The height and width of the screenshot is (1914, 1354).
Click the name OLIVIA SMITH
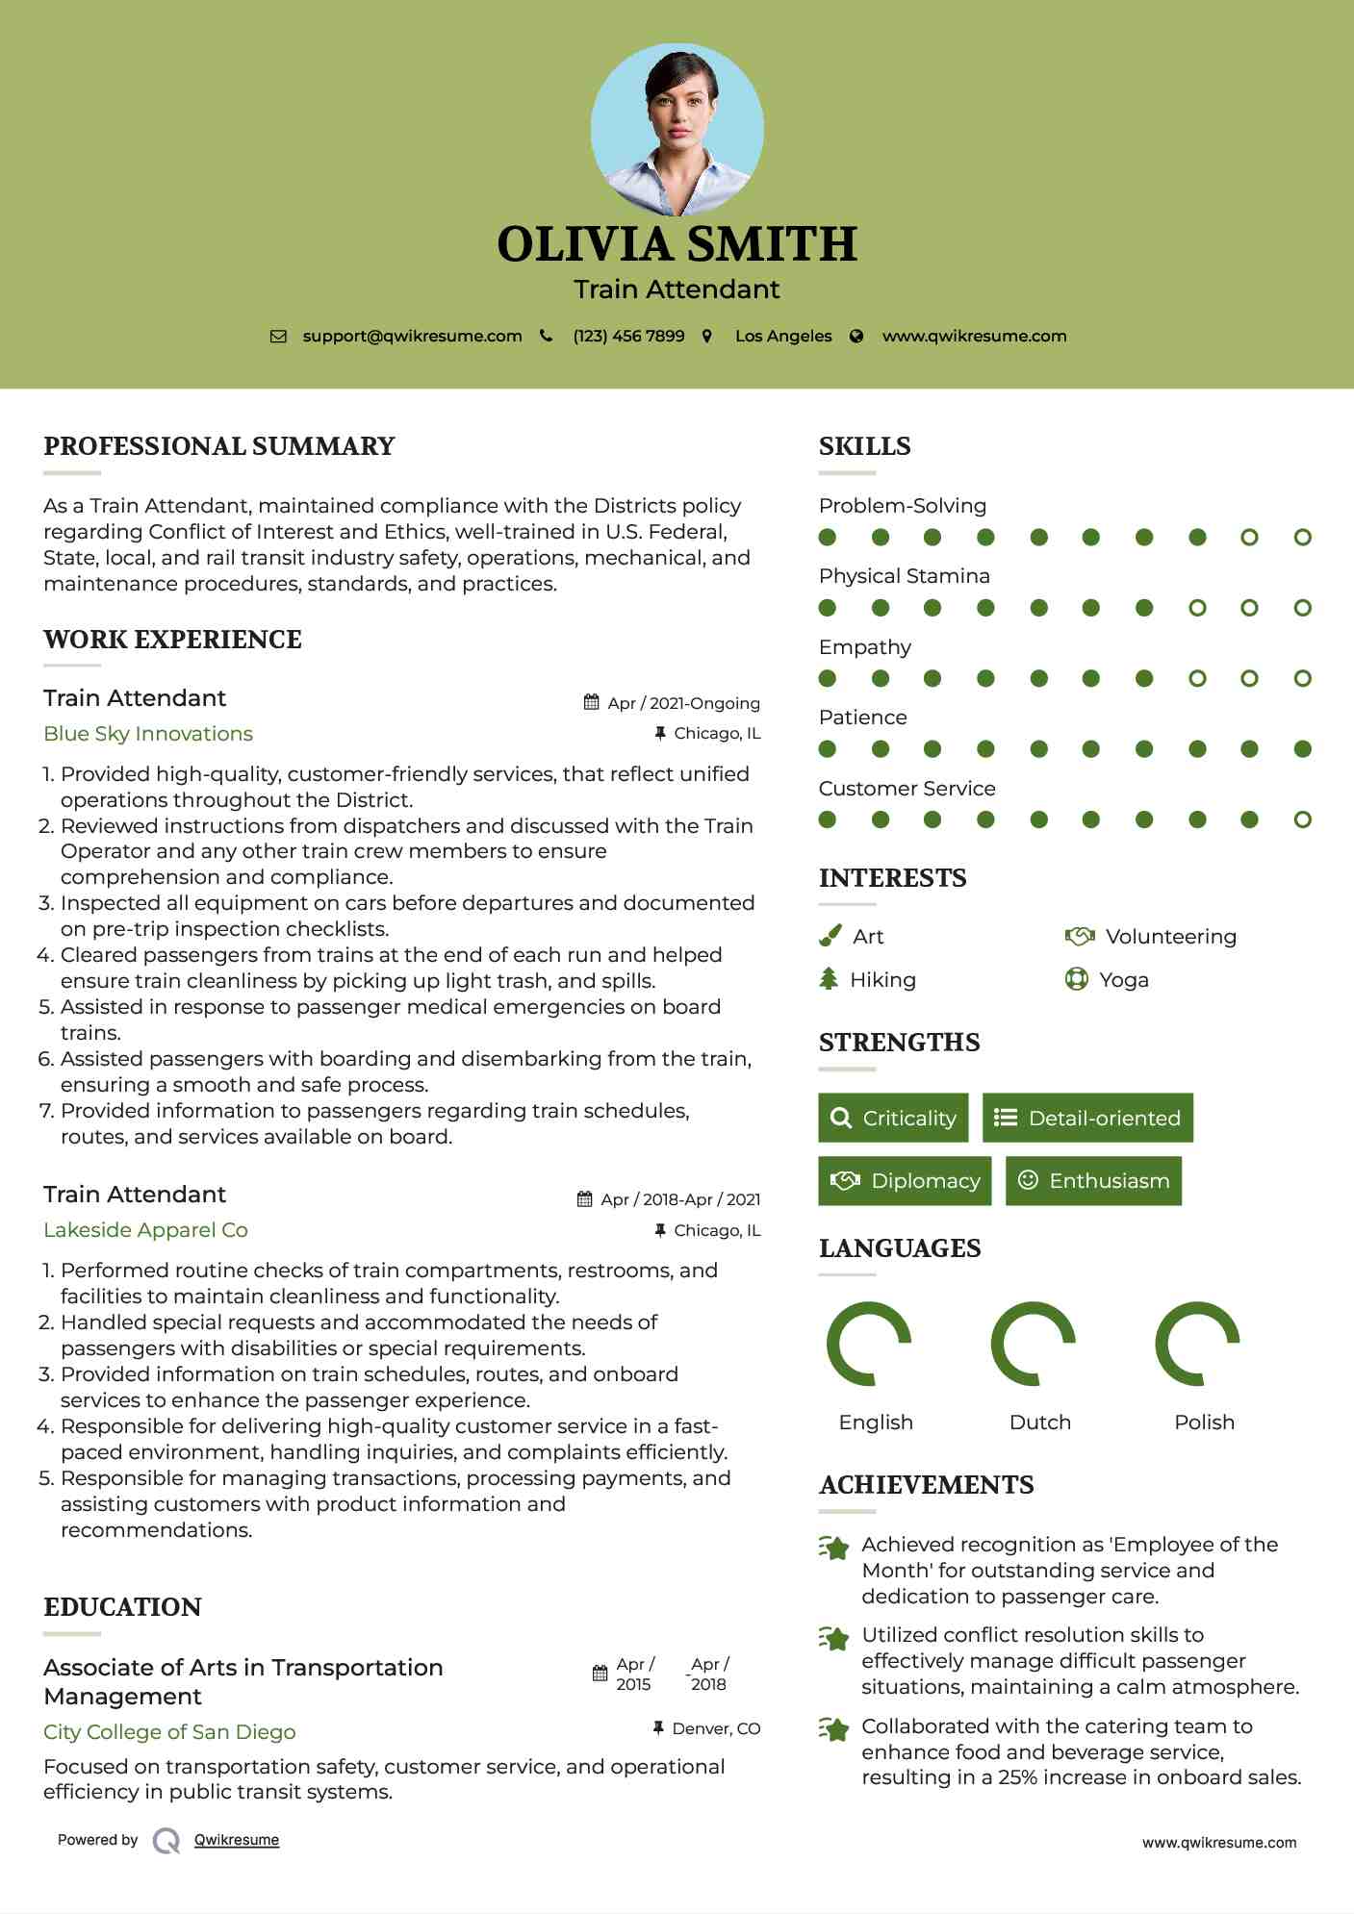(x=677, y=244)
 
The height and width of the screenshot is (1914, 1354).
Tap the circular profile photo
(x=677, y=130)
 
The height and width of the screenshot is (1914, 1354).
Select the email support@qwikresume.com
(x=412, y=337)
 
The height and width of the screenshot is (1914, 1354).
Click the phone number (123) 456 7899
(x=628, y=337)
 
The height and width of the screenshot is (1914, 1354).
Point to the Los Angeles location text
(x=783, y=337)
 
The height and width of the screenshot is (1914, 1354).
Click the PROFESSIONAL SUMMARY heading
(x=219, y=446)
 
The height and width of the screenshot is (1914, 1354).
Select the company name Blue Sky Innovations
(x=148, y=734)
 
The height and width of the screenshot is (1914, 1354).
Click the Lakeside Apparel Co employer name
(x=145, y=1230)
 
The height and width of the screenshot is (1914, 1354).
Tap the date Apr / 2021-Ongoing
(x=683, y=703)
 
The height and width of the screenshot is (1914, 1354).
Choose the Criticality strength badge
(x=893, y=1118)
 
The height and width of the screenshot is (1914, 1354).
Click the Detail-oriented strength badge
(x=1087, y=1118)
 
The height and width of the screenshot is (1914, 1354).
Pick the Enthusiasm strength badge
(x=1093, y=1181)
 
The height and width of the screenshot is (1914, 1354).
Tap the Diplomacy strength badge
(x=905, y=1181)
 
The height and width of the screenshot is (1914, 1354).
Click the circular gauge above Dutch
(x=1034, y=1344)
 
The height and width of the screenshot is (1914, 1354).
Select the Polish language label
(x=1204, y=1423)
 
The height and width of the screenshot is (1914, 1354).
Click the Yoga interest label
(x=1123, y=980)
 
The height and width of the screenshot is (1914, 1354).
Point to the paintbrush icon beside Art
(x=830, y=936)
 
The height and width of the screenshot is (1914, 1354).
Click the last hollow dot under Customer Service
(x=1302, y=819)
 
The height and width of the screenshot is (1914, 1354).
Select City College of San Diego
(x=169, y=1732)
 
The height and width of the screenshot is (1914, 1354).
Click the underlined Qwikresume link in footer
(x=237, y=1840)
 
